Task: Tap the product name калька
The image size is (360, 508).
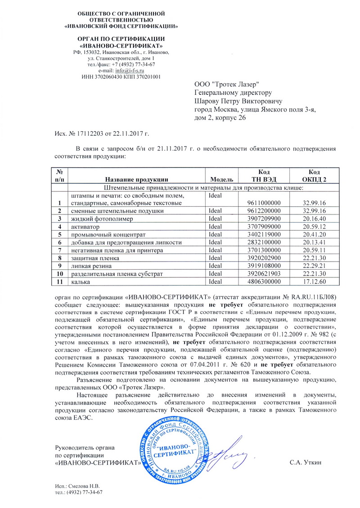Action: [78, 281]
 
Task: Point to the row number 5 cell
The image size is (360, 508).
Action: [59, 235]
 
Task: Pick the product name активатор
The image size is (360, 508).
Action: [85, 227]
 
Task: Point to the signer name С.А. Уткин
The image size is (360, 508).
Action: [306, 463]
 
